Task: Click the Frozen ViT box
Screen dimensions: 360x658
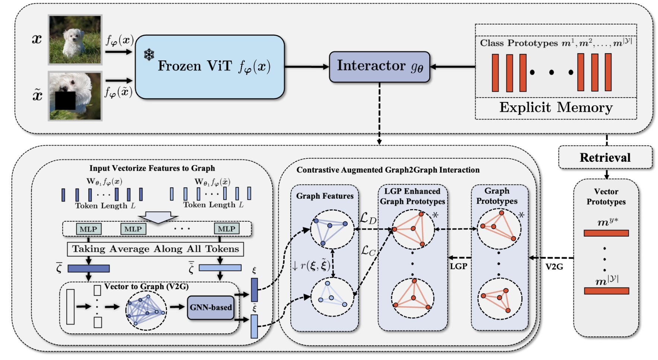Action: [x=210, y=67]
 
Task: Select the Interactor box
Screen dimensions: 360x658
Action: [x=379, y=67]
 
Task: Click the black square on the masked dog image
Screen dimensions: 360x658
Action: [x=65, y=100]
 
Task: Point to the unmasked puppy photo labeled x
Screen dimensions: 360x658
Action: [x=75, y=40]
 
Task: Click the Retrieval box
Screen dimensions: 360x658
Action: [x=605, y=157]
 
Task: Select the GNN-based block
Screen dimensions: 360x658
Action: [x=211, y=307]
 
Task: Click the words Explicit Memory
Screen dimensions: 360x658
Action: [x=556, y=108]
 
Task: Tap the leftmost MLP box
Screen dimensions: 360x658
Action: [x=88, y=229]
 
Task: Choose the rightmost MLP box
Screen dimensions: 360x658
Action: [x=227, y=229]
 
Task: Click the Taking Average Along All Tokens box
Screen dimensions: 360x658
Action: [x=155, y=249]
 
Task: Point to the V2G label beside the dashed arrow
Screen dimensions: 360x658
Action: [x=554, y=267]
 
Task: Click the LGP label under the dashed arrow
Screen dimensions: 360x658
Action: [x=458, y=266]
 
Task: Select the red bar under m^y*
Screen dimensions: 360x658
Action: [x=606, y=233]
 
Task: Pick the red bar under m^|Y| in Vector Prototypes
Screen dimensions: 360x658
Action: [x=606, y=291]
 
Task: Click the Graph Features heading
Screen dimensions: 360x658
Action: [x=325, y=196]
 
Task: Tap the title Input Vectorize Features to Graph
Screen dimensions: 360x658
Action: [x=152, y=168]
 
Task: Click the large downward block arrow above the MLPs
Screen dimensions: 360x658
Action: [x=158, y=217]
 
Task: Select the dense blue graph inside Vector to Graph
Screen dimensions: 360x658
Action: [x=146, y=310]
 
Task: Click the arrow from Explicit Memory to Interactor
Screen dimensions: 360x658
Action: [x=452, y=67]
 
